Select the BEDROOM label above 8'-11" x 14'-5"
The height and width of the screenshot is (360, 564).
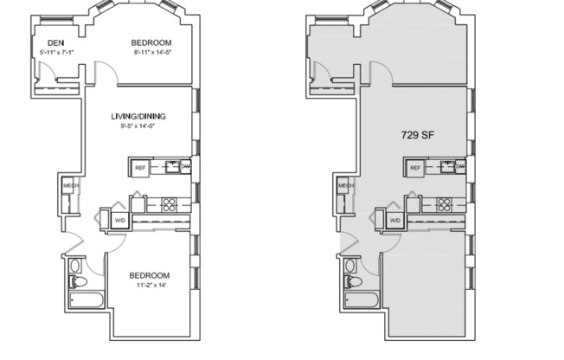[151, 42]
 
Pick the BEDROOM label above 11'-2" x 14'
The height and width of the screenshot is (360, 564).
[148, 276]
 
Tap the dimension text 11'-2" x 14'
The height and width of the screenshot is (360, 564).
[148, 286]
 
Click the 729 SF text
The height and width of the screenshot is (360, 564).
[417, 135]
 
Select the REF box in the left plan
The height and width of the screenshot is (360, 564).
[140, 167]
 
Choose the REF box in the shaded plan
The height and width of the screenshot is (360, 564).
[415, 167]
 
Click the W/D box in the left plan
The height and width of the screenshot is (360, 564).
[119, 221]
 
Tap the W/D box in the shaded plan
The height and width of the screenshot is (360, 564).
[394, 221]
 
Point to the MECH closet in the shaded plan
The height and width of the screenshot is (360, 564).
[345, 186]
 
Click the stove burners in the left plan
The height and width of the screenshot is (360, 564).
[170, 205]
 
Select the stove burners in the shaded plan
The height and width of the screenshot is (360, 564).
[445, 205]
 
